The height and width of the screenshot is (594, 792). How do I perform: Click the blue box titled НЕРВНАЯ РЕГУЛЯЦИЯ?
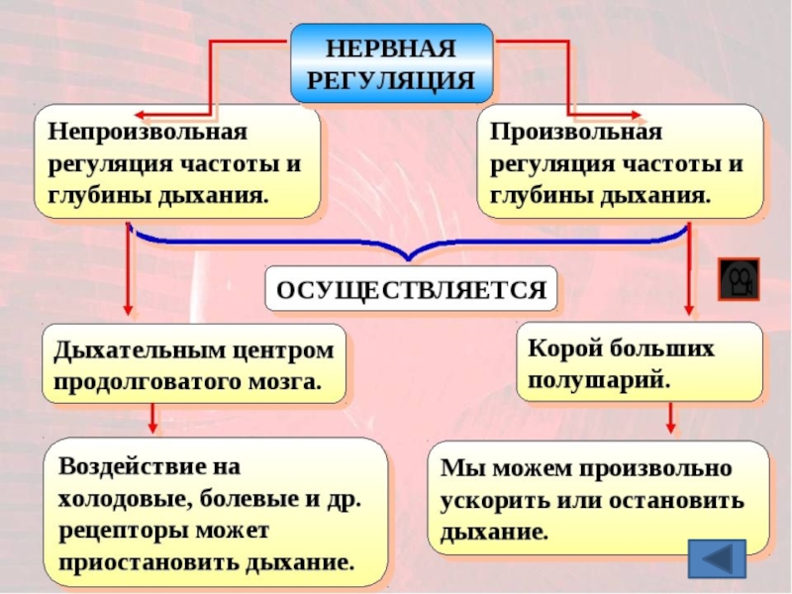click(x=392, y=63)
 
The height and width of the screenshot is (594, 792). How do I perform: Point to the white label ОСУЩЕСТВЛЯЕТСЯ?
click(x=411, y=290)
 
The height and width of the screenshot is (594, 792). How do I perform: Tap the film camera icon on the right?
click(x=738, y=278)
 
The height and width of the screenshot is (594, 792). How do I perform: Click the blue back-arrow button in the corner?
click(x=715, y=558)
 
